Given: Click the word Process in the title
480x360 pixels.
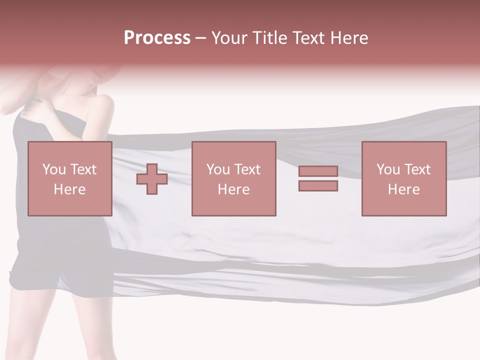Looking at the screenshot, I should [157, 38].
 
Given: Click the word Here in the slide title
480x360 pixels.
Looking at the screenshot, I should [350, 38].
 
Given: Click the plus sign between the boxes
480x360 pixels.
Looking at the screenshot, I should [152, 179].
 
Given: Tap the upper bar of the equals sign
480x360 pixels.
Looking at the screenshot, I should [318, 171].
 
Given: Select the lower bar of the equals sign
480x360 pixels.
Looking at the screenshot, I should [318, 186].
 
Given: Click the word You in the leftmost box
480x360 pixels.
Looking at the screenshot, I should [54, 169].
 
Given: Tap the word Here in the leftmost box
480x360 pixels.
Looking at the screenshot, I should [69, 189].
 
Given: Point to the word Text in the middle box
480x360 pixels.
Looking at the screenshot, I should [247, 169].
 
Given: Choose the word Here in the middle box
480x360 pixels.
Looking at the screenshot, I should [233, 189].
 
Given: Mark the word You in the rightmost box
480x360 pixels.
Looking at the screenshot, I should [388, 169].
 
